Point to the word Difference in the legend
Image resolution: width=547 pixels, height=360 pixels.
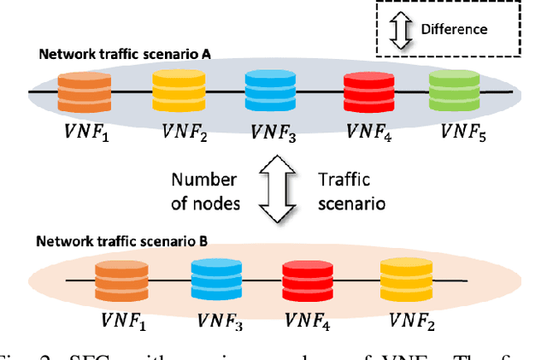pyautogui.click(x=454, y=29)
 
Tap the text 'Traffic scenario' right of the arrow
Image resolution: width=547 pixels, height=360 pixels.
pyautogui.click(x=351, y=192)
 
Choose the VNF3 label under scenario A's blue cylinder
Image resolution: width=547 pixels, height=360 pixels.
pyautogui.click(x=273, y=133)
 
